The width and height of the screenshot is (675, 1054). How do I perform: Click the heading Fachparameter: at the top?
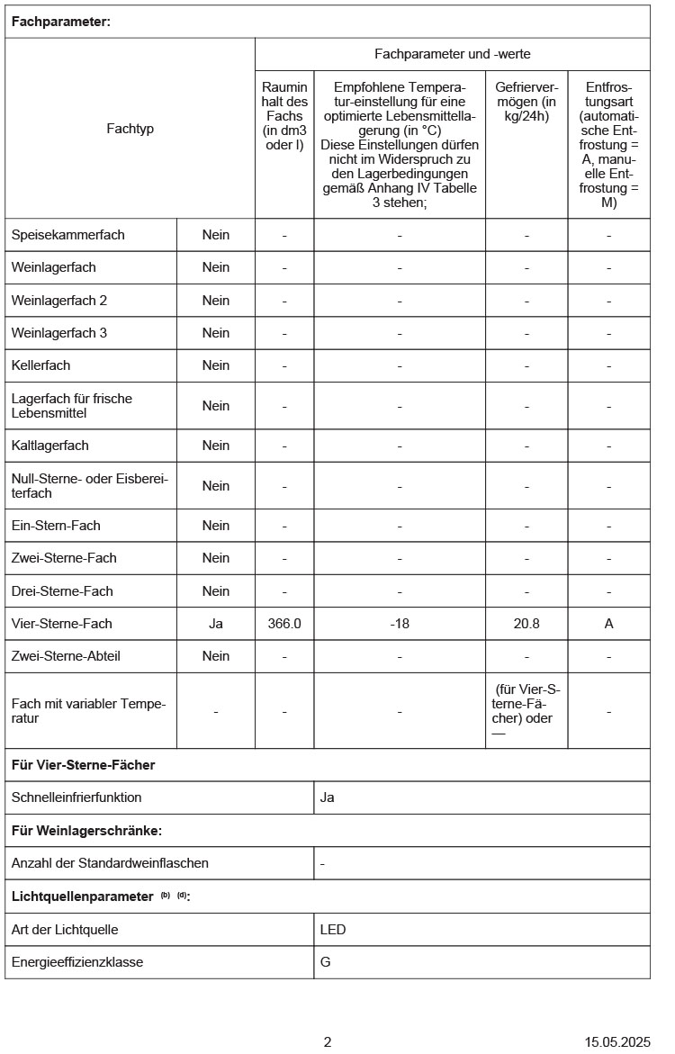click(x=60, y=22)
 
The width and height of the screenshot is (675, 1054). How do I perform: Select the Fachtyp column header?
click(x=130, y=129)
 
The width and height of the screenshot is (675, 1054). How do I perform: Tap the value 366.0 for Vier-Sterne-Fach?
click(x=284, y=624)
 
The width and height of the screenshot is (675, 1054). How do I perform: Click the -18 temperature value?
click(x=400, y=624)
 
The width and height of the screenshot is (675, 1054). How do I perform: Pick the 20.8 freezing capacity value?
click(x=526, y=624)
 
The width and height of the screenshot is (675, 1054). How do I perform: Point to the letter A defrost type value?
click(x=608, y=624)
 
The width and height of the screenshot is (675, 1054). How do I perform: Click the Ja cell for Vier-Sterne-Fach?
click(x=216, y=624)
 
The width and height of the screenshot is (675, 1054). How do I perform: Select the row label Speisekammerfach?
click(x=68, y=235)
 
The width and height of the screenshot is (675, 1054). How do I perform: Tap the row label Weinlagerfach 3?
click(x=59, y=333)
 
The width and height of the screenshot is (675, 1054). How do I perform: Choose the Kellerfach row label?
click(x=40, y=365)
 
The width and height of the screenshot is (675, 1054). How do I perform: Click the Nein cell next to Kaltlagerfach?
click(x=216, y=446)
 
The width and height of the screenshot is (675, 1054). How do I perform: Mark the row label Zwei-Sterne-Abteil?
click(x=66, y=656)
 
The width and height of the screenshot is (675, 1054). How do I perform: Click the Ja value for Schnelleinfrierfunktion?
click(x=328, y=797)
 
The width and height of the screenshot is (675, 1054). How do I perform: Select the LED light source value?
click(x=333, y=930)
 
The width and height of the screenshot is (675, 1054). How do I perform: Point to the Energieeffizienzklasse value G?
click(x=326, y=962)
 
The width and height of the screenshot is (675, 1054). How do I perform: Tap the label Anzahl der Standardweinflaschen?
click(x=110, y=863)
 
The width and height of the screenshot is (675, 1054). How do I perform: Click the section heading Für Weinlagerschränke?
click(x=86, y=831)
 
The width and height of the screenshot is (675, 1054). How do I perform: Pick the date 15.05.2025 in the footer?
click(x=617, y=1042)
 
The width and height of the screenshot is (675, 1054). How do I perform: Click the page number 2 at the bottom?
click(x=328, y=1042)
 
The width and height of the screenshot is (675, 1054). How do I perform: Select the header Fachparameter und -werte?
click(x=453, y=55)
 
